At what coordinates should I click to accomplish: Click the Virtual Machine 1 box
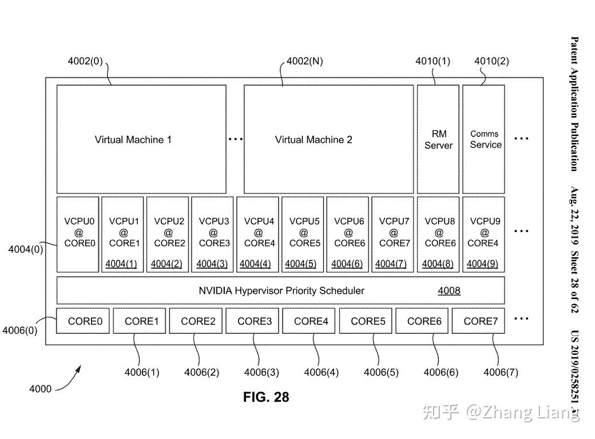141,139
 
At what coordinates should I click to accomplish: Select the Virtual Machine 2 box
328,139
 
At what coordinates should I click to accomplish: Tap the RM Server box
438,139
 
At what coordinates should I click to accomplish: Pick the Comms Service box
484,139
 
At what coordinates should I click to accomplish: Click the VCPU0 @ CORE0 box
78,234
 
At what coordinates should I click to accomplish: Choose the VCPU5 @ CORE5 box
303,234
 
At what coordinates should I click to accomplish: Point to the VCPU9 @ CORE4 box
484,234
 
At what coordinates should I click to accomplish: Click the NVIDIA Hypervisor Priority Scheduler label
281,290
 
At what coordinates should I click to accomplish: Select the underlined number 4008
449,290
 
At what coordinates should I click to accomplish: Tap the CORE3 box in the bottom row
254,321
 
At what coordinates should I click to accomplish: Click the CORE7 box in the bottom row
479,321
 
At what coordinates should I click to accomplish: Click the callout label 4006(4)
321,372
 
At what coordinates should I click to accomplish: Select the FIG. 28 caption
266,397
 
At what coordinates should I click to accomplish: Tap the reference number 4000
40,389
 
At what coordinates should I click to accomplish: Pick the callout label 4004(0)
25,249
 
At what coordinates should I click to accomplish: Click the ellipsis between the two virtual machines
235,139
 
